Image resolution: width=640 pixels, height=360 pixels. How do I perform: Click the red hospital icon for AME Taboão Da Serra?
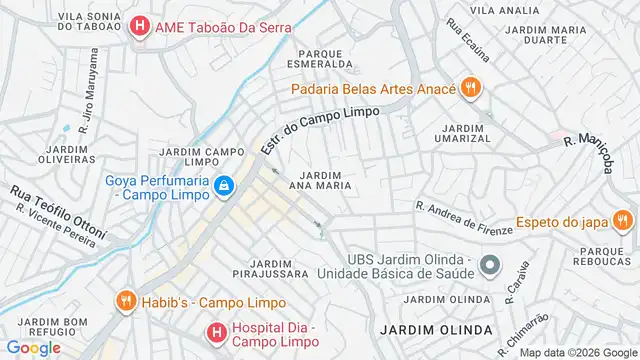pyautogui.click(x=140, y=28)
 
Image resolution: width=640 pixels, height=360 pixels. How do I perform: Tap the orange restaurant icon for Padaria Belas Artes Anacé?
pyautogui.click(x=471, y=88)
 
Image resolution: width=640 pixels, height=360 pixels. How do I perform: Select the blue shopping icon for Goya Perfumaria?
pyautogui.click(x=226, y=186)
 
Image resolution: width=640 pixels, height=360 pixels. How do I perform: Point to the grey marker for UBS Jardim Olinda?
pyautogui.click(x=489, y=265)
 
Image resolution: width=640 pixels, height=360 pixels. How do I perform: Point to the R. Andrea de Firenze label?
pyautogui.click(x=464, y=218)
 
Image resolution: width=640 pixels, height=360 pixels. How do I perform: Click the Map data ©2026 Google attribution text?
pyautogui.click(x=576, y=353)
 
